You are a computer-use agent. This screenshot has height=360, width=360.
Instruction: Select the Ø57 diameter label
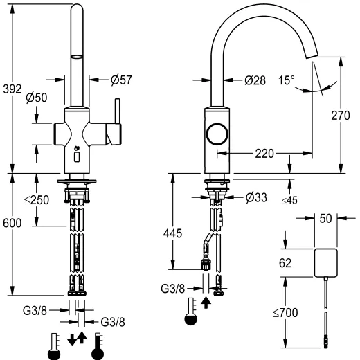tap(120, 80)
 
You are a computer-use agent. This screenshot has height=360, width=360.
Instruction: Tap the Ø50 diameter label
tap(37, 98)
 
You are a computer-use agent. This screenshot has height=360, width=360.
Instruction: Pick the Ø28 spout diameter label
tap(255, 80)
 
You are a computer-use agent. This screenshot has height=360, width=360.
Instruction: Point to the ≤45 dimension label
tap(289, 201)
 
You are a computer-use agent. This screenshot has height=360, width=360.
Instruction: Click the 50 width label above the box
tap(325, 218)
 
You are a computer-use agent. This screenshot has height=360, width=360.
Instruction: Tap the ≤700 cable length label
tap(286, 313)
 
